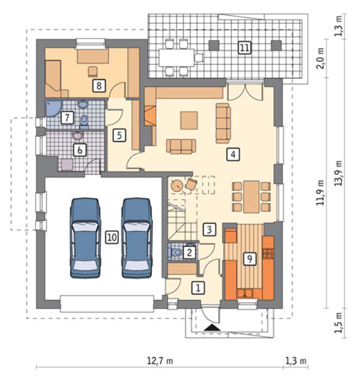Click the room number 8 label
click(x=99, y=85)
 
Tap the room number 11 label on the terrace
click(x=244, y=47)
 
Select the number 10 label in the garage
click(x=112, y=237)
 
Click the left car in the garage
click(x=85, y=238)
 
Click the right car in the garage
click(x=137, y=238)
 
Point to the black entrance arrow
click(x=212, y=328)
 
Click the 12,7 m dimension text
click(x=160, y=361)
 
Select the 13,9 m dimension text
click(x=338, y=173)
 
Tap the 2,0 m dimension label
click(x=320, y=58)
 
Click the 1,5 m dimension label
click(x=338, y=322)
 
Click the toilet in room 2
click(x=176, y=252)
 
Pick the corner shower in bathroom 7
click(x=53, y=109)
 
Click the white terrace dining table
click(x=176, y=58)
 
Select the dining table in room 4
click(x=251, y=197)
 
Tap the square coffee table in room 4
click(x=189, y=120)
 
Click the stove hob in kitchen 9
click(x=268, y=254)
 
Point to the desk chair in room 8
click(x=93, y=72)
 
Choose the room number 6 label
click(x=80, y=150)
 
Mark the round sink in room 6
click(x=78, y=136)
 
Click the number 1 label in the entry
click(x=198, y=288)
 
